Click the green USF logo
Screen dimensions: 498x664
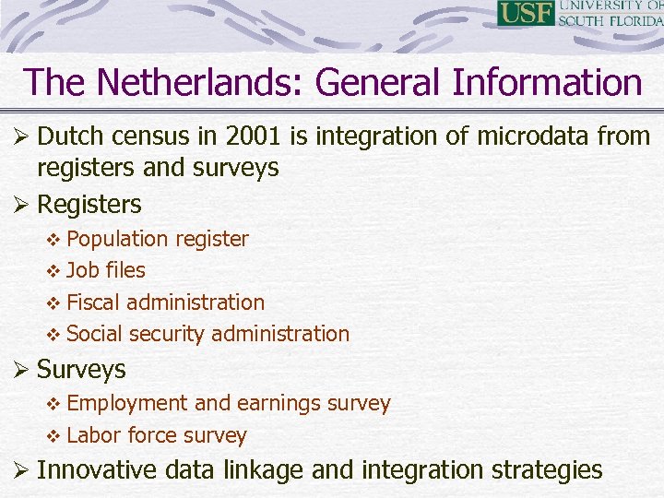[526, 13]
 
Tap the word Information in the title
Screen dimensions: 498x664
[547, 82]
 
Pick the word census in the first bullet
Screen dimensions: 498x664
[142, 136]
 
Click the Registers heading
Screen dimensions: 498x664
[89, 203]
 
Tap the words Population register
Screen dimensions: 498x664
[158, 239]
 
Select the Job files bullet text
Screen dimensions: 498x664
[106, 270]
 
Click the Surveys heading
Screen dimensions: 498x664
[81, 369]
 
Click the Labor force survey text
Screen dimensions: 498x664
[157, 435]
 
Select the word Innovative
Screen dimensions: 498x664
[98, 470]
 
